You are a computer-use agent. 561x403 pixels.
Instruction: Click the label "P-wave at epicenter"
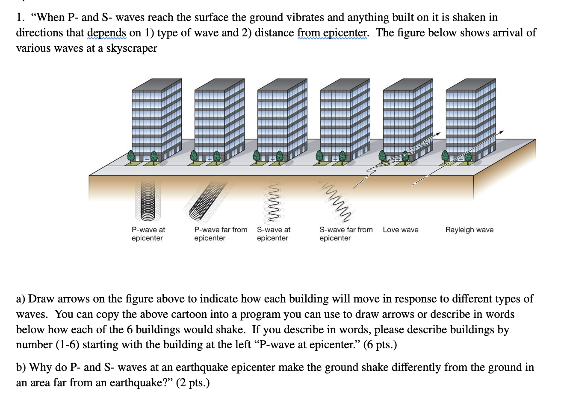148,234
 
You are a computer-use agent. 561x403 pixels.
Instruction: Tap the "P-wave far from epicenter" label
221,234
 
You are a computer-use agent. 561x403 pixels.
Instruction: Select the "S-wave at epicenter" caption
274,234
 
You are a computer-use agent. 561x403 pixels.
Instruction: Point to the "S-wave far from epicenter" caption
346,234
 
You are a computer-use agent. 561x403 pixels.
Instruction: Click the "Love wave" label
401,230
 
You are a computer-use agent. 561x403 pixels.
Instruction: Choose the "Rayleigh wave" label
469,230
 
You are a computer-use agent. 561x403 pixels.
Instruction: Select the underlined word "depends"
106,33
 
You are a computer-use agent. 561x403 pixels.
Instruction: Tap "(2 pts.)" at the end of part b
193,382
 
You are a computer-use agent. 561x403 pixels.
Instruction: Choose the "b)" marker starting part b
21,367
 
